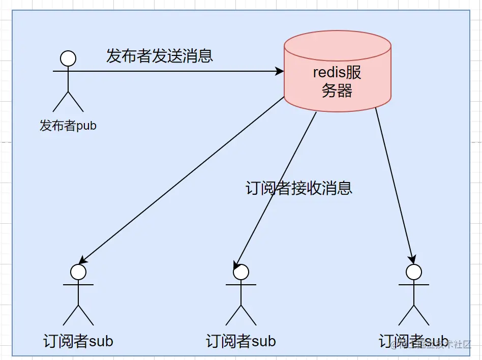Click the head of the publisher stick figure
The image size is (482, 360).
(x=68, y=58)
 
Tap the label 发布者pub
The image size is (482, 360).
(x=68, y=126)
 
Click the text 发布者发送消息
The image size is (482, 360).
(x=159, y=55)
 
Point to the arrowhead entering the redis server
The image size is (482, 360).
(x=280, y=72)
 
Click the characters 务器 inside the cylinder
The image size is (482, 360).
(x=337, y=91)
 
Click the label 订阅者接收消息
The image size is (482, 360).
(x=298, y=188)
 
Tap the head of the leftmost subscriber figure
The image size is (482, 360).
(x=78, y=272)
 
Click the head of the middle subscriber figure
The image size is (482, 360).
(x=241, y=272)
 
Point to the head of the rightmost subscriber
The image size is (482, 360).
(x=414, y=272)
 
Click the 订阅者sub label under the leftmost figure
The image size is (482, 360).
(x=78, y=341)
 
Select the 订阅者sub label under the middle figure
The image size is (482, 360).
(x=241, y=341)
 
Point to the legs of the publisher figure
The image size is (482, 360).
(x=68, y=102)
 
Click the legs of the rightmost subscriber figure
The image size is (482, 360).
(x=414, y=315)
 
